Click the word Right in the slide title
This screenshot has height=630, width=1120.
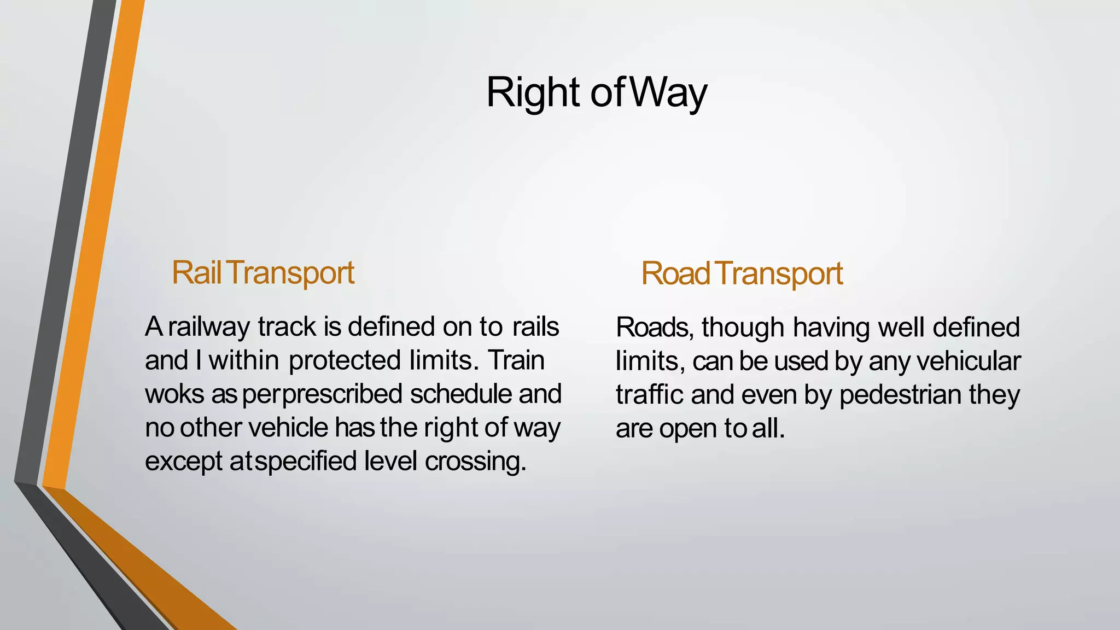pos(532,93)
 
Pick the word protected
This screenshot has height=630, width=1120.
pos(345,361)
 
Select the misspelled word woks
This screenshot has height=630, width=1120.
pos(174,394)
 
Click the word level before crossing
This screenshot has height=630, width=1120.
pos(390,461)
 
